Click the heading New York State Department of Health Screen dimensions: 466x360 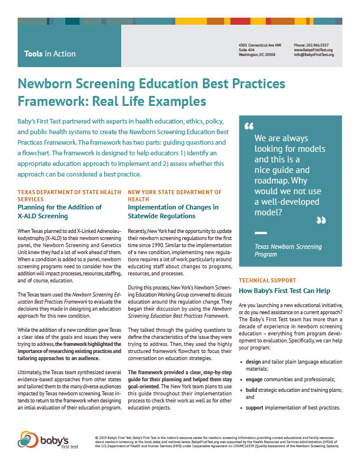point(175,195)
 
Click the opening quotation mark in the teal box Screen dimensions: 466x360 point(248,126)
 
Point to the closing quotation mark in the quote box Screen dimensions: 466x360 point(321,221)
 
